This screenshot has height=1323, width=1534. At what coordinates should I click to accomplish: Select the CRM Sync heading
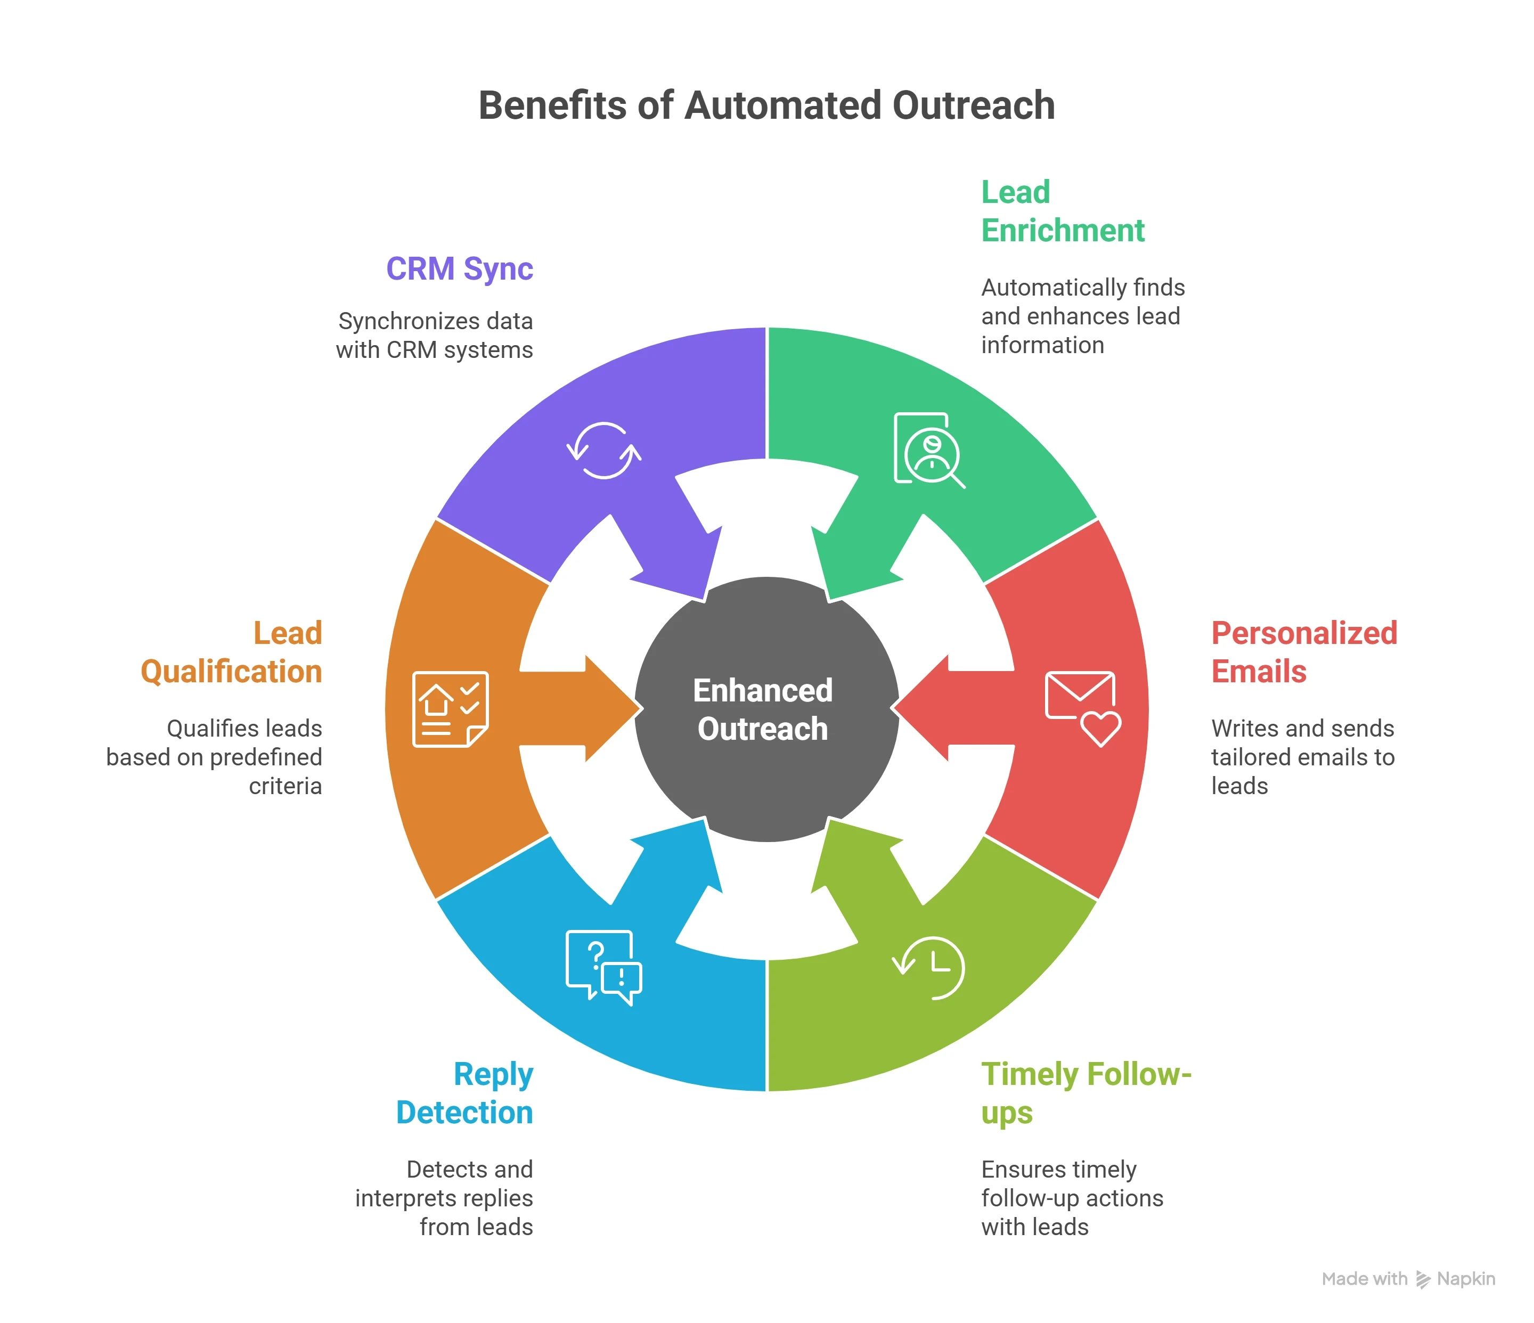[459, 269]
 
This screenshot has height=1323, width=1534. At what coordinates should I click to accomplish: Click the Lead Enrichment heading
[1063, 212]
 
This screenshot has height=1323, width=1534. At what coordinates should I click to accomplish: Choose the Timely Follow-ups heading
[1086, 1093]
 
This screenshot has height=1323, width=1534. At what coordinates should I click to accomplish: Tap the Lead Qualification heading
[232, 652]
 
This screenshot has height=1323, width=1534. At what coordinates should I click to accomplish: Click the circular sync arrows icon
[604, 451]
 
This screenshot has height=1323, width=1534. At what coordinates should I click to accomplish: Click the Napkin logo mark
[1422, 1279]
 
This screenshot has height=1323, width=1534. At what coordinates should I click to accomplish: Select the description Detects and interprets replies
[444, 1198]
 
